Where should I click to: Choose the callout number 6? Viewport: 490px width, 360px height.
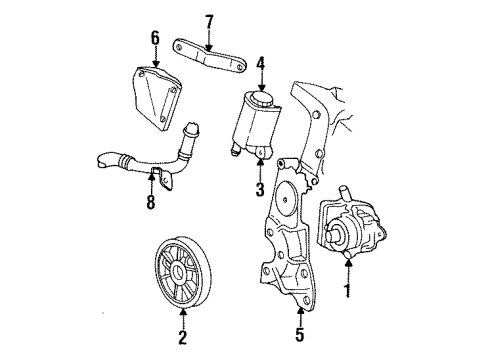pyautogui.click(x=155, y=38)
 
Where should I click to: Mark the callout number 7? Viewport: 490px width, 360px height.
pyautogui.click(x=209, y=21)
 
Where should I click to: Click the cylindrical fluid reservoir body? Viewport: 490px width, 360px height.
pyautogui.click(x=255, y=125)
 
